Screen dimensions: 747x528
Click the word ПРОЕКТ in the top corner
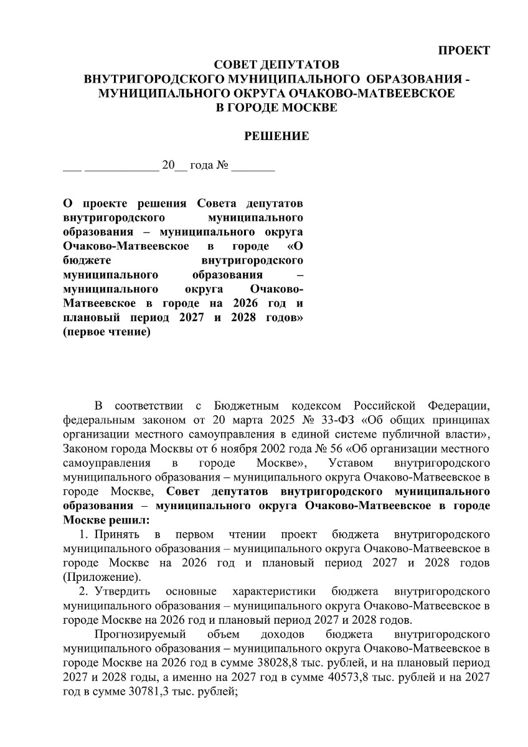(x=464, y=50)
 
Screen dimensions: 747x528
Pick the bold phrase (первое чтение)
(x=107, y=332)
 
